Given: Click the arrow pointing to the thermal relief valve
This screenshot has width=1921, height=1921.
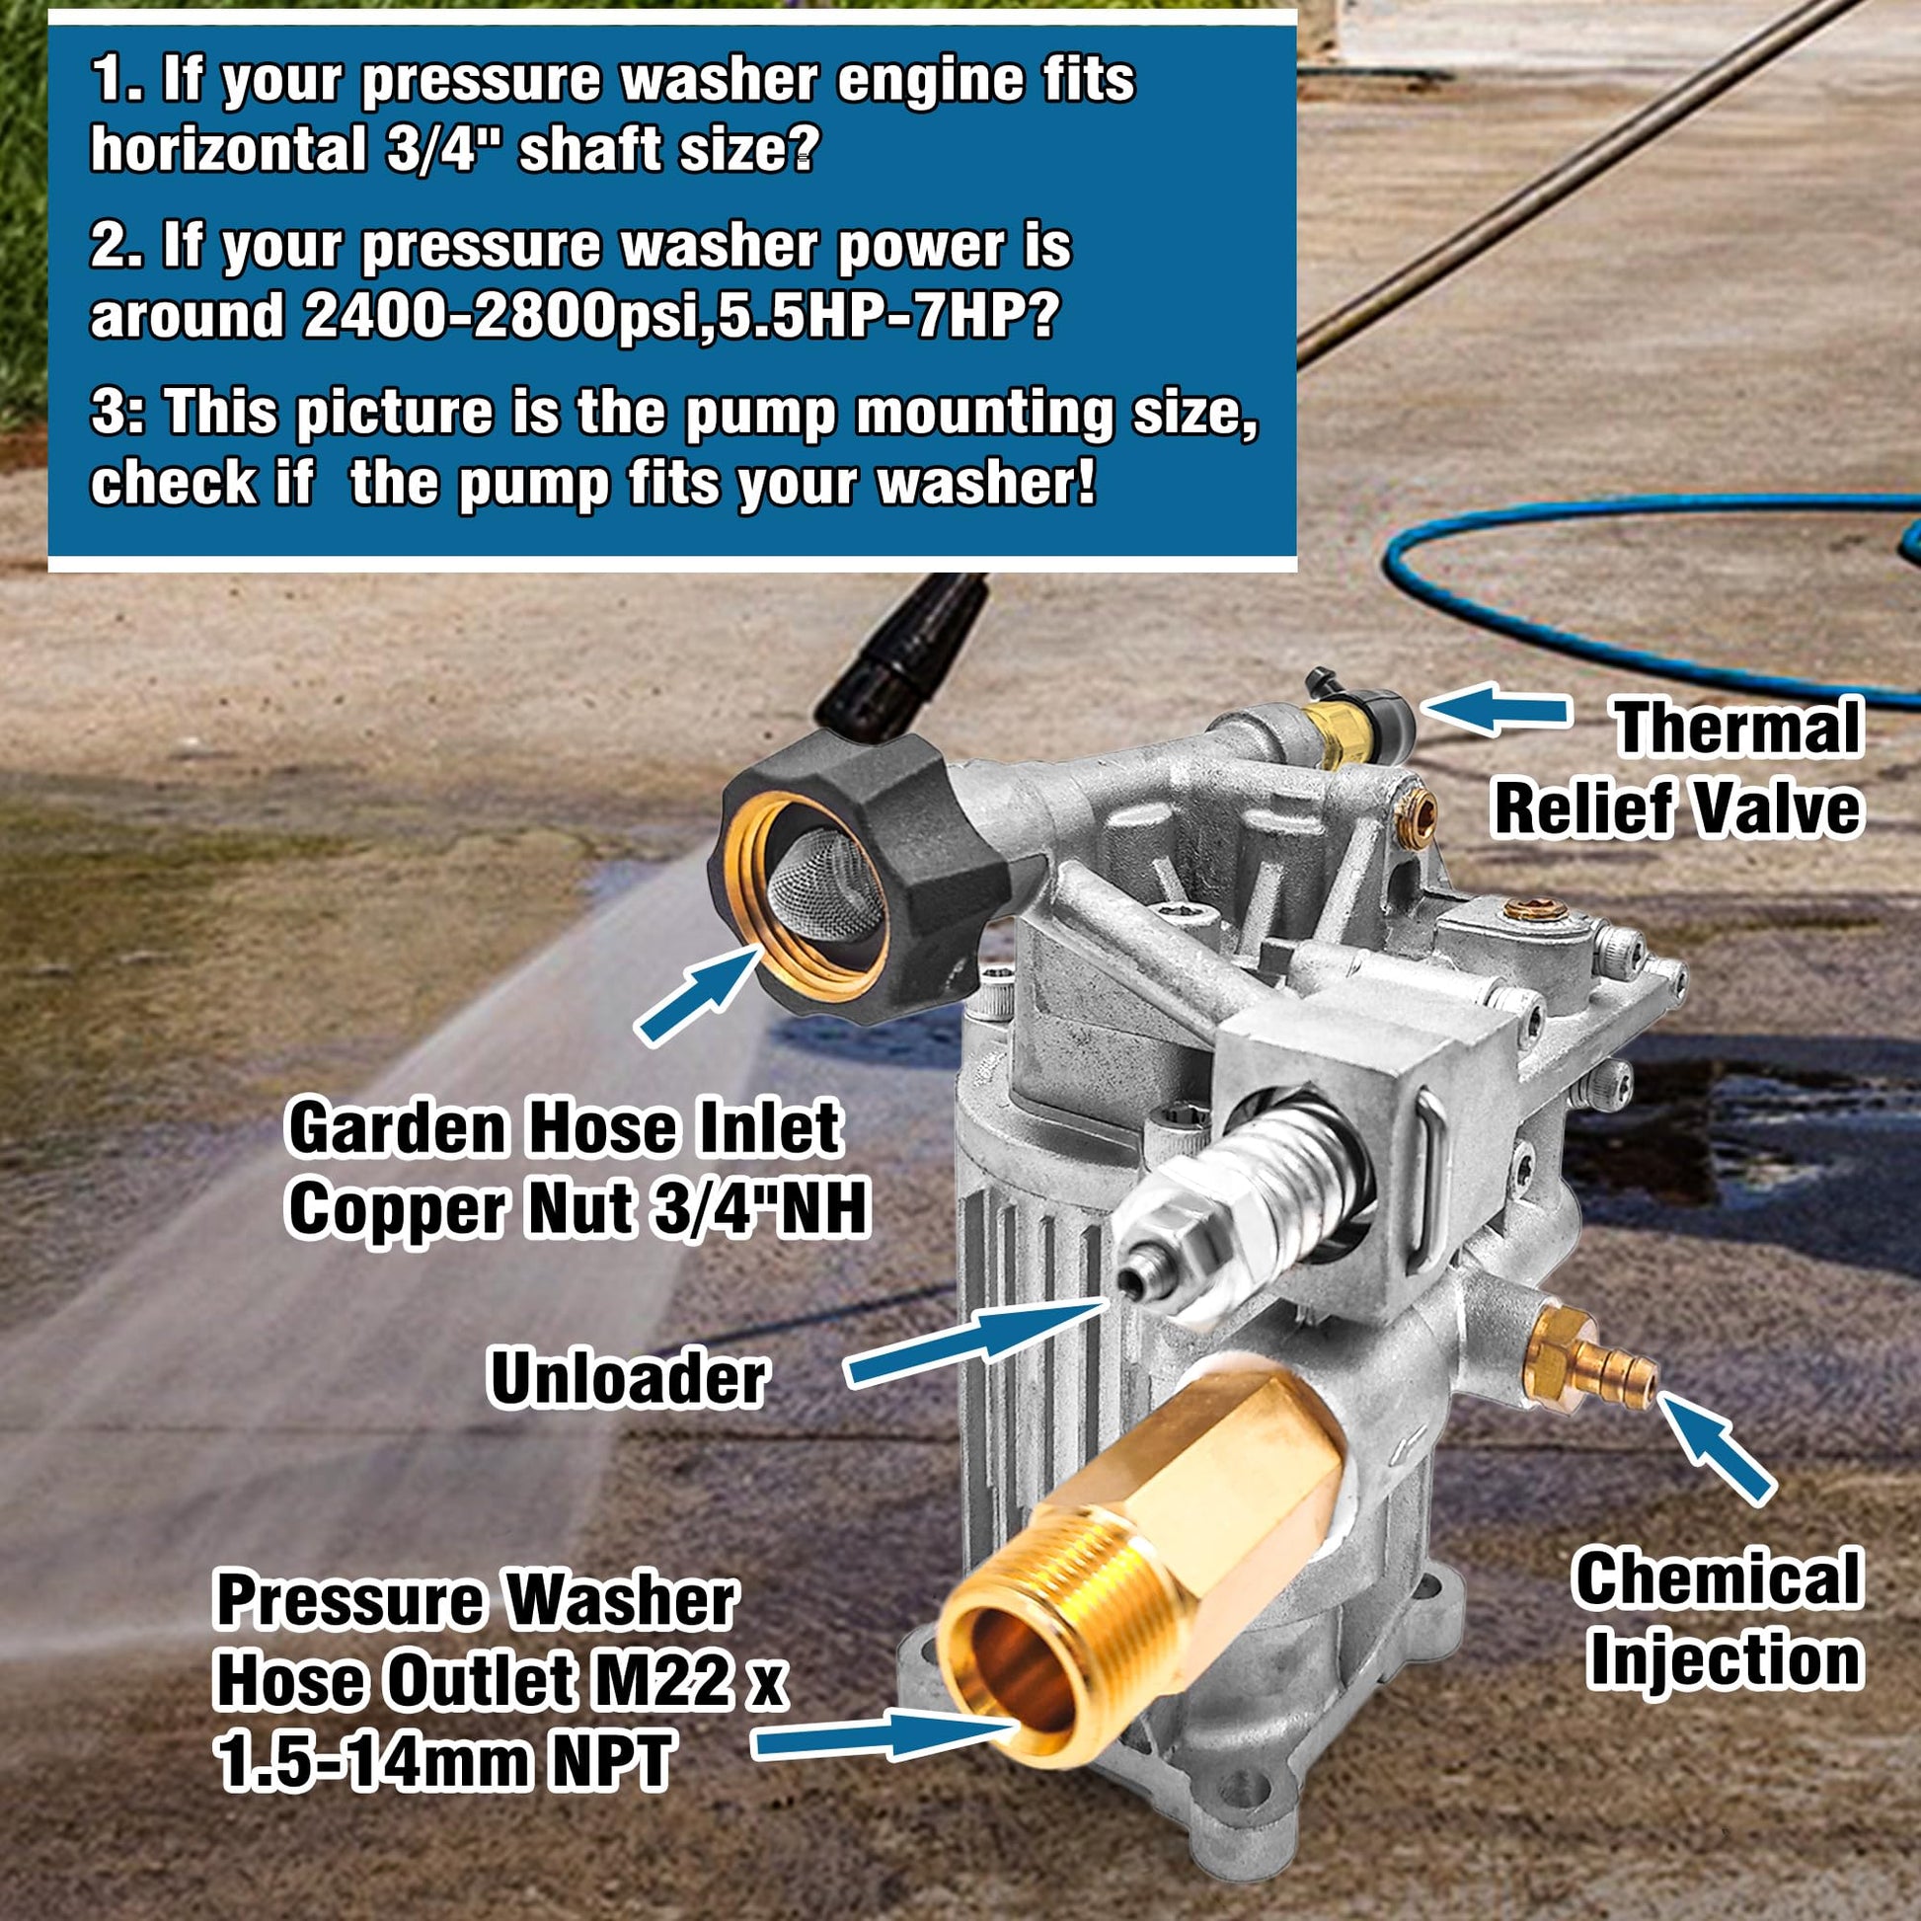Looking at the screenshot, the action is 1495,710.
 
